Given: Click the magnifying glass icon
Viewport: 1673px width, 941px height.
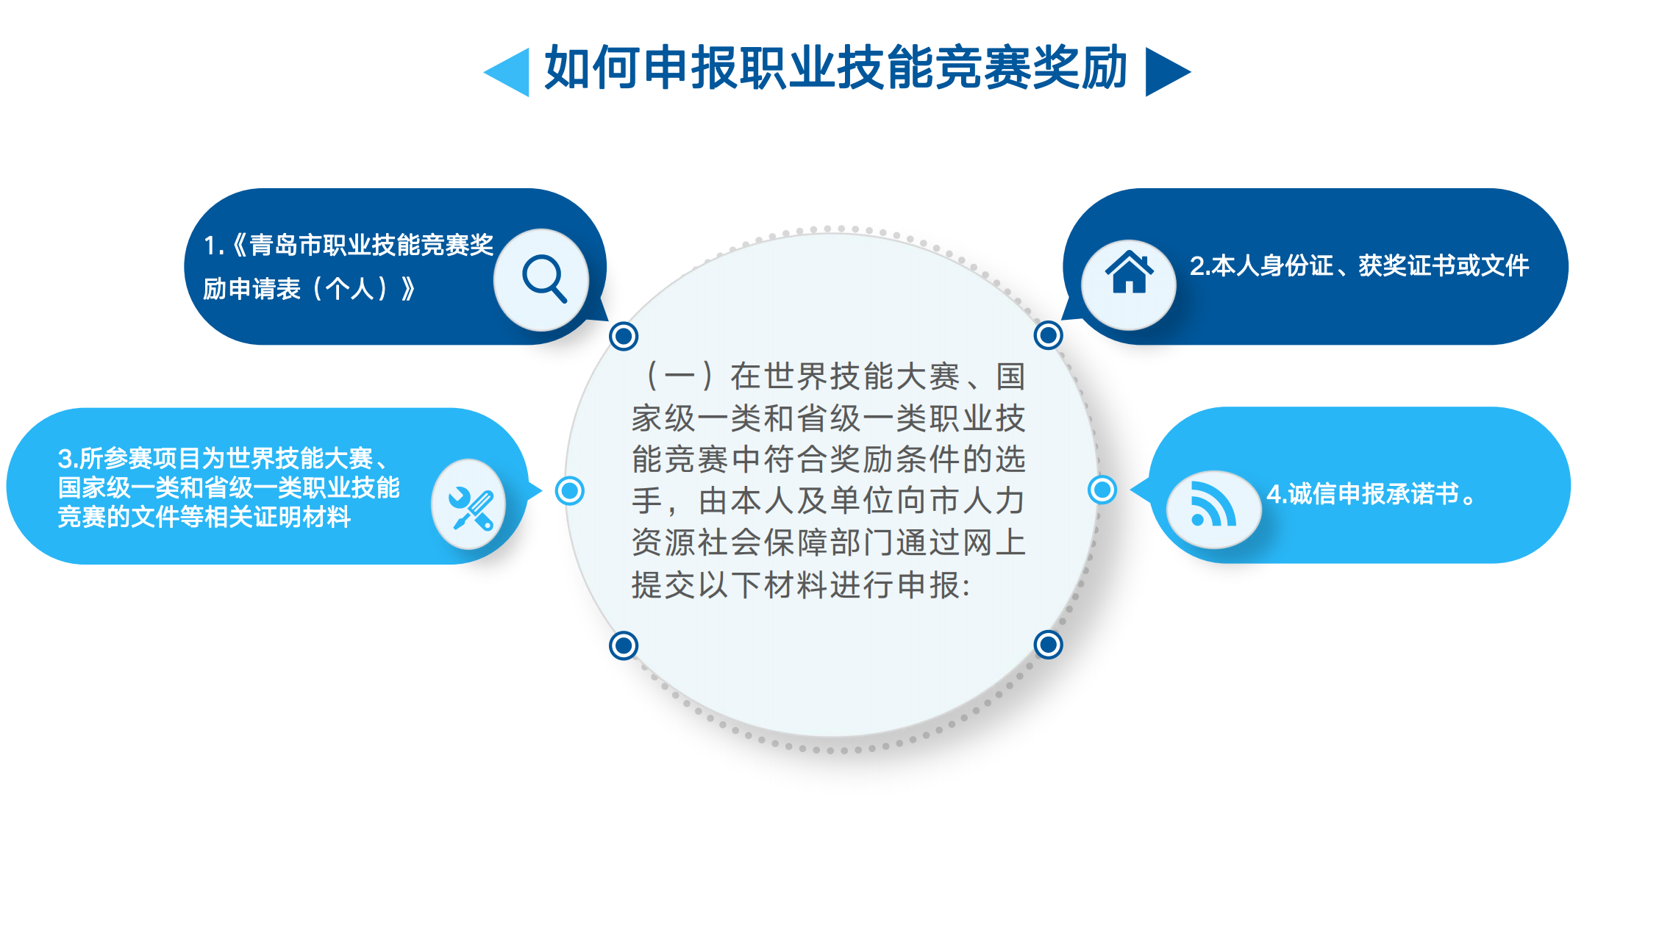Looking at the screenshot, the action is (x=544, y=279).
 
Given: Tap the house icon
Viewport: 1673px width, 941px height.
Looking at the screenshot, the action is (x=1129, y=271).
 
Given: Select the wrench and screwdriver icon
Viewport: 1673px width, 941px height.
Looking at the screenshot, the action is (x=471, y=508).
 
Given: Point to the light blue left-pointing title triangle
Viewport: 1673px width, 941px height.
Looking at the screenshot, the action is (x=507, y=71).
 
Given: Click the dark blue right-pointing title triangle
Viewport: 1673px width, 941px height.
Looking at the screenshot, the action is (x=1168, y=71).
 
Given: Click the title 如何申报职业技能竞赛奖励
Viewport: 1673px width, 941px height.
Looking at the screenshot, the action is (x=836, y=68).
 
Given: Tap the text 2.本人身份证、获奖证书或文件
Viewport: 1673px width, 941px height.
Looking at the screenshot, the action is (x=1359, y=265).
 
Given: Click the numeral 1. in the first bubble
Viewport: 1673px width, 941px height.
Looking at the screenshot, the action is (x=213, y=246).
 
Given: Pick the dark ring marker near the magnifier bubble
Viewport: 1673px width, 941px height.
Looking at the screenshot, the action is (x=624, y=336).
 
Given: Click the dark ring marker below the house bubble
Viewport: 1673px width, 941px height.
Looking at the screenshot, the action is (x=1048, y=335).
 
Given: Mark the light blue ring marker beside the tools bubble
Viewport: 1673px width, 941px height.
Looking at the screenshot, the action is (x=570, y=490).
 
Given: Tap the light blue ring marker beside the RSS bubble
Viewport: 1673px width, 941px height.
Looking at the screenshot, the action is (x=1102, y=489).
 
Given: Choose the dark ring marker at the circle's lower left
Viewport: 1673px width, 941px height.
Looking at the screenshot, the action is (x=624, y=645).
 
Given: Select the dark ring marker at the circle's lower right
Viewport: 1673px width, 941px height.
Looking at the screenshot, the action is (x=1048, y=645).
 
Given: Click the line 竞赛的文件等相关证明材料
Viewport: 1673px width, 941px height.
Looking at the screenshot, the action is (x=204, y=517).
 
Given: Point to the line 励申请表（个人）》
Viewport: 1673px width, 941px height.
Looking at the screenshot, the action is (x=310, y=289).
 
